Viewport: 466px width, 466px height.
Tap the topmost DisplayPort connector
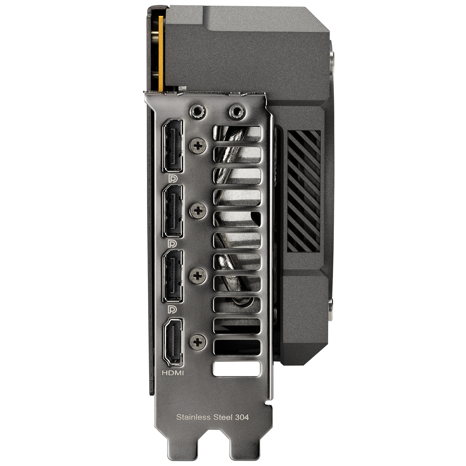tap(173, 146)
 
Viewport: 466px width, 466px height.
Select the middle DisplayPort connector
tap(173, 211)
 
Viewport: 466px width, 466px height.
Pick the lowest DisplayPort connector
tap(173, 276)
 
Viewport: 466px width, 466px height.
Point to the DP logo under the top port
tap(173, 179)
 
